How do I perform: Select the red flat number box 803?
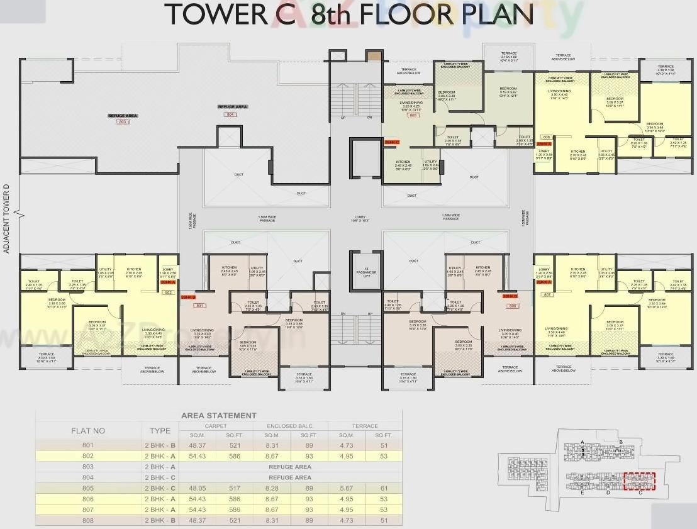[x=123, y=121]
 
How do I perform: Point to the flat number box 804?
[x=230, y=114]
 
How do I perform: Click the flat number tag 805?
[x=413, y=116]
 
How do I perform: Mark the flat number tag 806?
[x=546, y=136]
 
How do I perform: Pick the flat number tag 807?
[x=546, y=294]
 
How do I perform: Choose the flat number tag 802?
[x=168, y=292]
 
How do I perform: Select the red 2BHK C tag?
[x=391, y=143]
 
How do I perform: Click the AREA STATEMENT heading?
[x=218, y=415]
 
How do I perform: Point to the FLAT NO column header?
[x=87, y=431]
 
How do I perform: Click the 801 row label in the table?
[x=87, y=445]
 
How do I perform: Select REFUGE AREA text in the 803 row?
[x=289, y=467]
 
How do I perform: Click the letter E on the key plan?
[x=583, y=493]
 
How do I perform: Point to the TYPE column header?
[x=160, y=431]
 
